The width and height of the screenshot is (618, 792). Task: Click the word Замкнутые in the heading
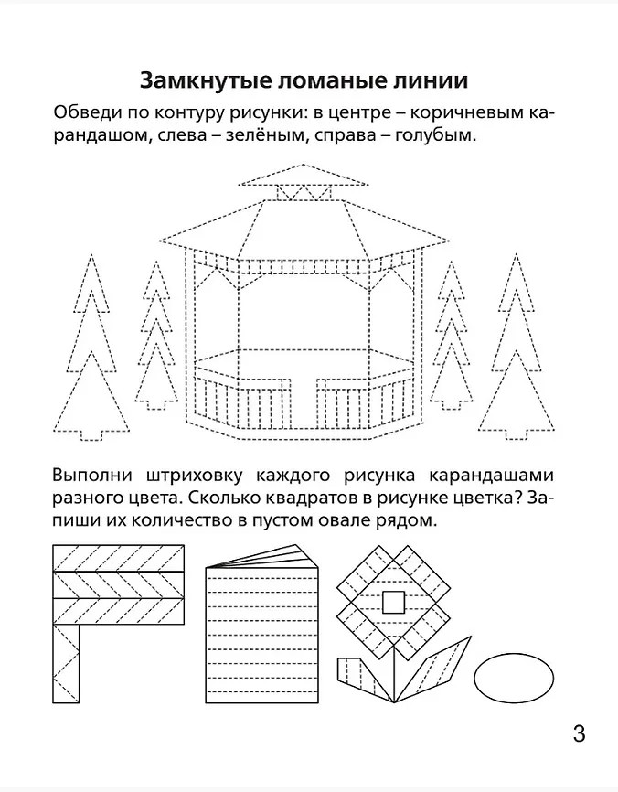(x=204, y=80)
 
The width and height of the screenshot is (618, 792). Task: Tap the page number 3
(x=579, y=733)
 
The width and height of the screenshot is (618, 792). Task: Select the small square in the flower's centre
(x=393, y=602)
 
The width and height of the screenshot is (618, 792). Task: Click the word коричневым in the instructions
(x=464, y=112)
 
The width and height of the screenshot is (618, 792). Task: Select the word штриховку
(x=194, y=476)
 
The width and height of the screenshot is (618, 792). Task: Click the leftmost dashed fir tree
(x=91, y=348)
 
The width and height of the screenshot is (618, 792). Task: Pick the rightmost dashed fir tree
(x=516, y=348)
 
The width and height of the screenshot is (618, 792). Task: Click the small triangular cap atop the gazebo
(x=303, y=175)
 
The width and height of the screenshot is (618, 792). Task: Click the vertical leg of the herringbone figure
(x=66, y=664)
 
